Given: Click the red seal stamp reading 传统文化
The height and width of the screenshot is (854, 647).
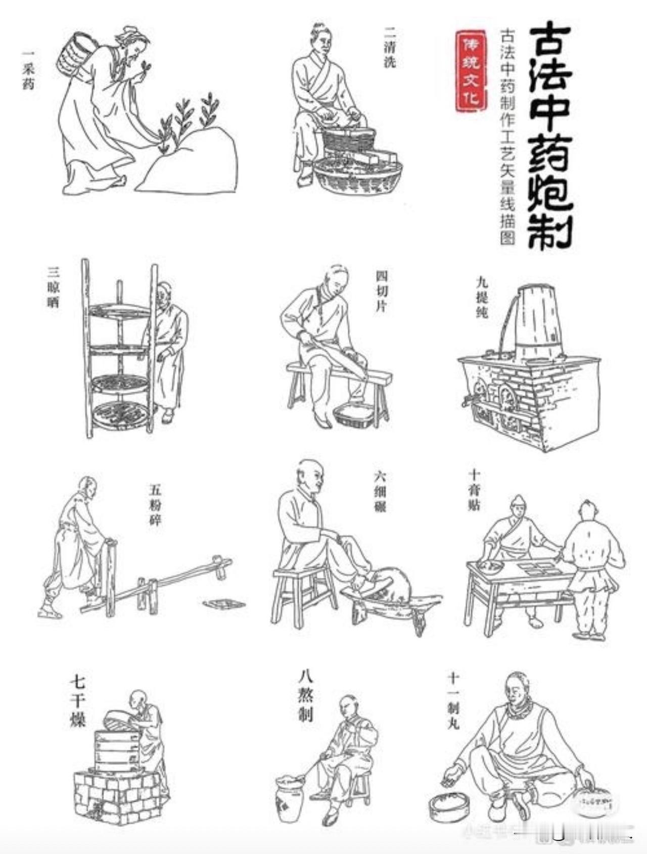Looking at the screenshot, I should [471, 71].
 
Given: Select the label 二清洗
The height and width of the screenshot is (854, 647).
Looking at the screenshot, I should [390, 47].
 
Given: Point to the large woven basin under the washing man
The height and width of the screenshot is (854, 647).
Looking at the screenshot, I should [357, 177].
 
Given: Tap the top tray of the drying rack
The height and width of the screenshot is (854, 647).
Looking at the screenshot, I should [120, 311].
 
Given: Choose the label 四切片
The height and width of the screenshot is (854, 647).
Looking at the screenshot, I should [382, 291].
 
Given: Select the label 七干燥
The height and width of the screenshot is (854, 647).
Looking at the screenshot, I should [77, 702].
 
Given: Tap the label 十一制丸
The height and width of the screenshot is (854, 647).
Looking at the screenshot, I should [453, 700].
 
